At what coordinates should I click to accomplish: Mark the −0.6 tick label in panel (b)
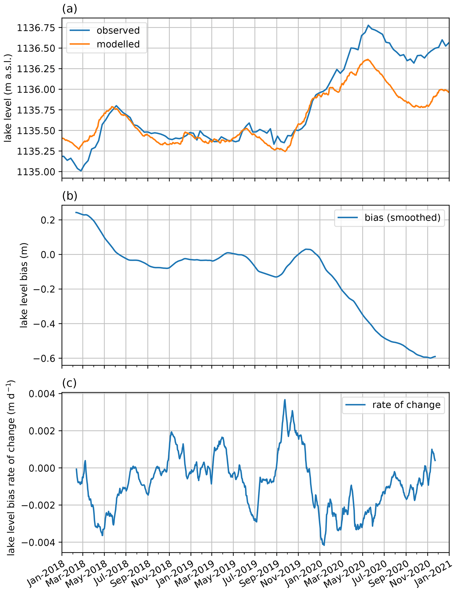[x=44, y=358]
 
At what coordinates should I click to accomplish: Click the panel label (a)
[x=70, y=9]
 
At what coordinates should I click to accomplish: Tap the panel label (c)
[x=69, y=383]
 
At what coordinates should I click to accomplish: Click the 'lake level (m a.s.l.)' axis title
[x=8, y=98]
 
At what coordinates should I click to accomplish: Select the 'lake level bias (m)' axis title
[x=24, y=285]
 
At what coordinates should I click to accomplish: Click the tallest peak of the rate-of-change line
[x=285, y=400]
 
